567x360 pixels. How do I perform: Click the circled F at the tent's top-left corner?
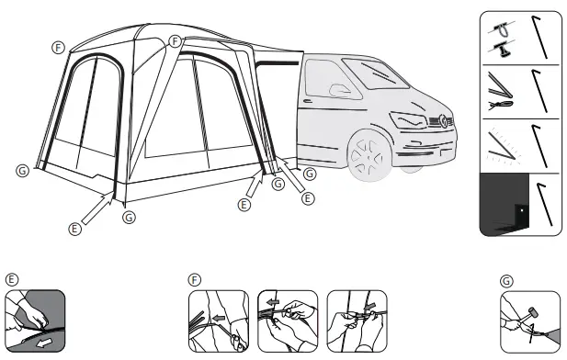tap(58, 46)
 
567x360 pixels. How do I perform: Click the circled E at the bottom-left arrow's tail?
tap(74, 229)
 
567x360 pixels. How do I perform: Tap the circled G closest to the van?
tap(310, 172)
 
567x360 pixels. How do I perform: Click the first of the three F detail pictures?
tap(219, 321)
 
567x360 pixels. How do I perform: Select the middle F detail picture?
tap(288, 321)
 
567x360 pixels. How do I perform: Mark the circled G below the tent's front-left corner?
tap(129, 218)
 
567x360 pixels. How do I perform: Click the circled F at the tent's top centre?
tap(175, 41)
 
